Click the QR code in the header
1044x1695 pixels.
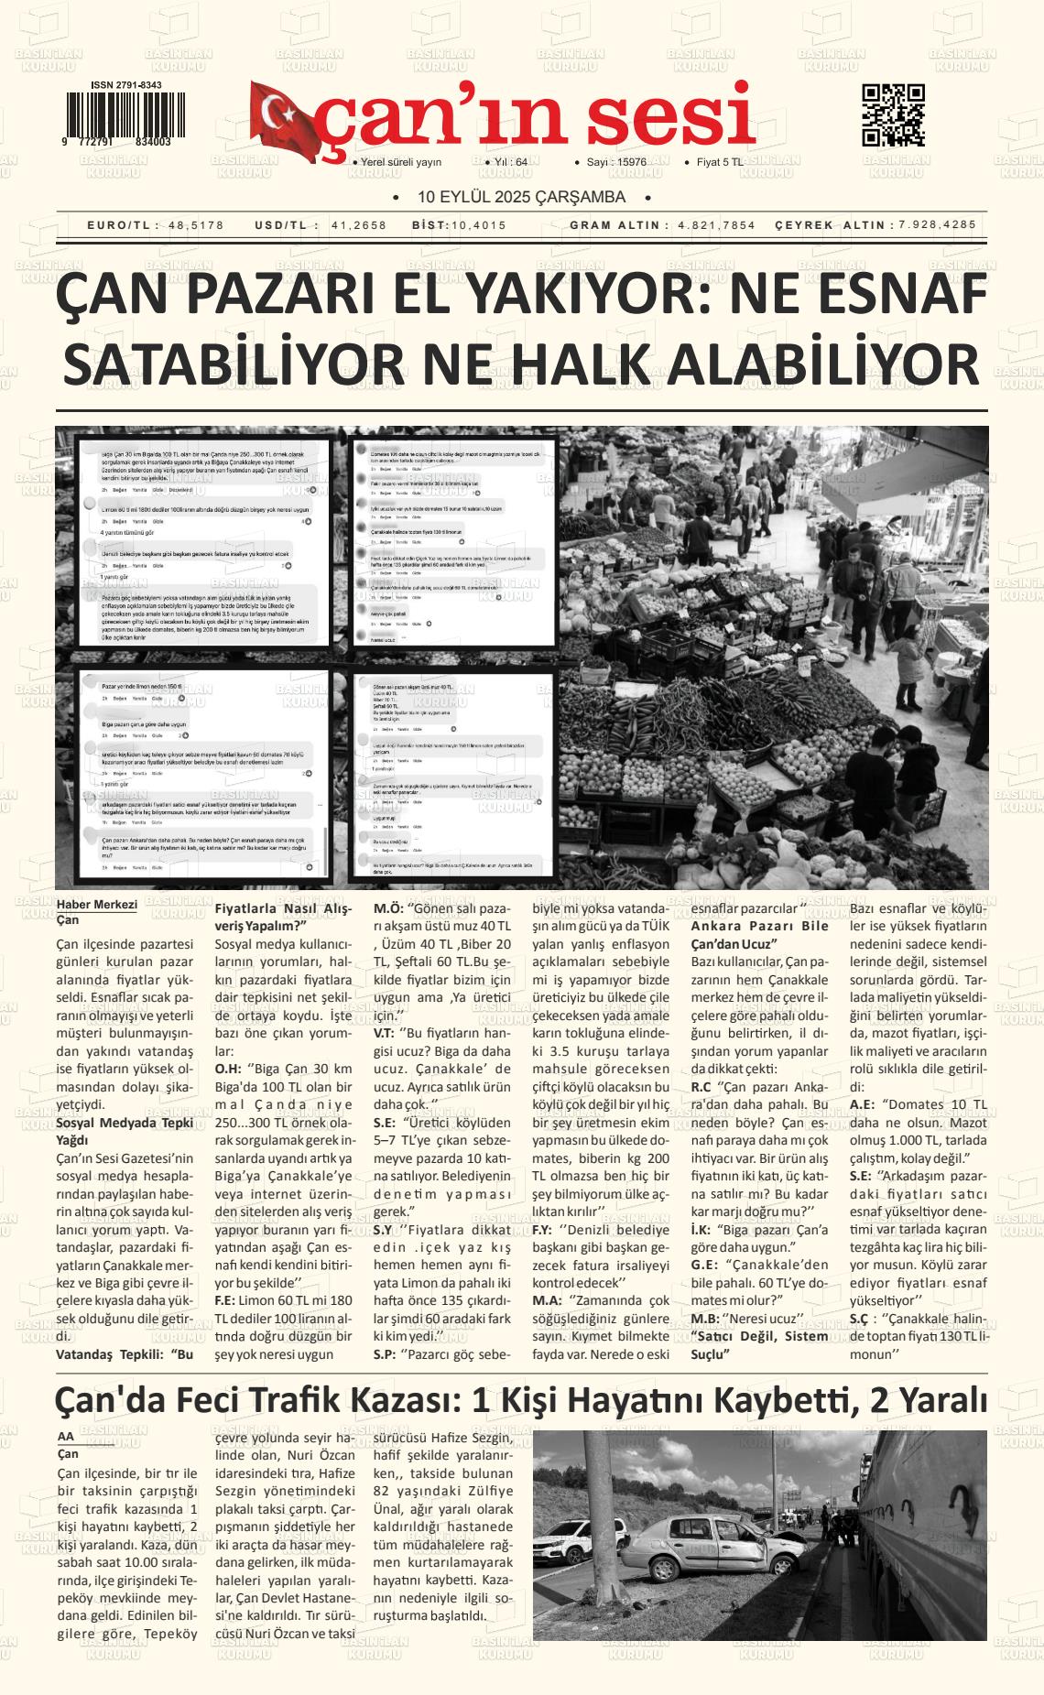tap(893, 115)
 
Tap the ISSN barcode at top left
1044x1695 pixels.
tap(116, 115)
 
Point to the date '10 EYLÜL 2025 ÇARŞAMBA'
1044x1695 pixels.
tap(521, 198)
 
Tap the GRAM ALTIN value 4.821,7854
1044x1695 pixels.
tap(717, 225)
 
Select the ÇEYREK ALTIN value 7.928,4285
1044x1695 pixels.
tap(938, 224)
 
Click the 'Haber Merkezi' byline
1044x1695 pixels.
tap(96, 906)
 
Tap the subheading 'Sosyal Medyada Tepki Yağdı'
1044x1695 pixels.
tap(125, 1131)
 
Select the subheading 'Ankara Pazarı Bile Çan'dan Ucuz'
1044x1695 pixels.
tap(759, 934)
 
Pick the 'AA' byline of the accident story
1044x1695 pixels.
tap(66, 1436)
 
